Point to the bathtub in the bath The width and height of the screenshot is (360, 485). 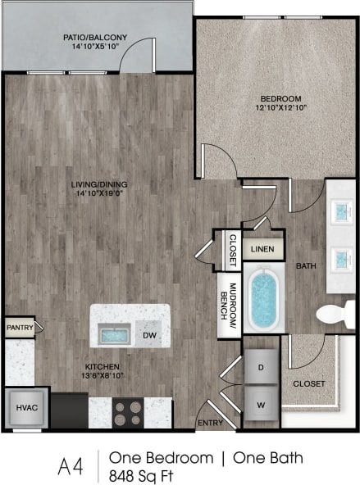(x=263, y=299)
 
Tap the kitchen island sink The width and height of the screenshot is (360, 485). (x=113, y=334)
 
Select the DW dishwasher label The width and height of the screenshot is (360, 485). (x=149, y=335)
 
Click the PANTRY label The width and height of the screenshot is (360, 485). (x=19, y=328)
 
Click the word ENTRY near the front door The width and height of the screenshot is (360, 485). (x=210, y=423)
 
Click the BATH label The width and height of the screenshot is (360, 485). (x=306, y=265)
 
